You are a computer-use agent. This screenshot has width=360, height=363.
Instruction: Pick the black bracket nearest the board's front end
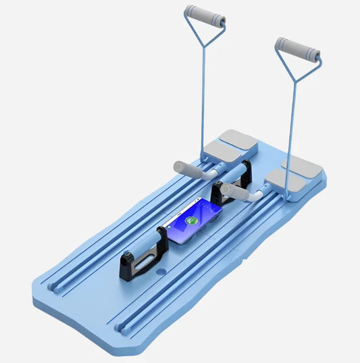point(140,258)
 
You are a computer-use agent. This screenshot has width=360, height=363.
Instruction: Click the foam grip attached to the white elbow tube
point(236,192)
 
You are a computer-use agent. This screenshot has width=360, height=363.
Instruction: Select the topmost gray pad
point(238,139)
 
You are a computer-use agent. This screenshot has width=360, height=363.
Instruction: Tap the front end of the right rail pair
point(122,327)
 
